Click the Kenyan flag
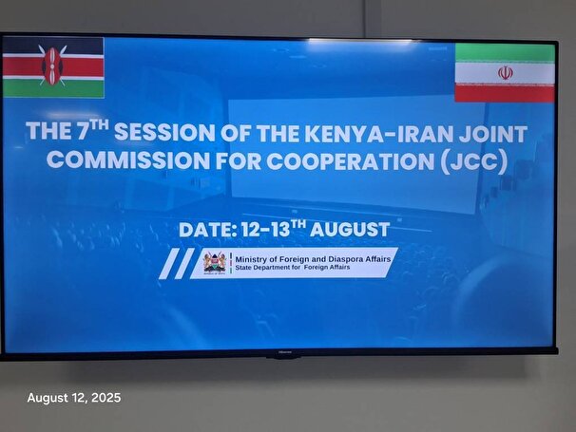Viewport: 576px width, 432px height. coord(53,67)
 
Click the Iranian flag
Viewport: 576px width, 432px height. coord(505,73)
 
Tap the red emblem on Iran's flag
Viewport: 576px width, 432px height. coord(506,73)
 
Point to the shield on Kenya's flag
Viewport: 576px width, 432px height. coord(52,66)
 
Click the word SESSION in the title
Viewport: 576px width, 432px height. coord(164,132)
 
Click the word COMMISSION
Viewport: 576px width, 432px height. coord(128,160)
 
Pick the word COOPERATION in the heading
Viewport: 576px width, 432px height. coord(350,161)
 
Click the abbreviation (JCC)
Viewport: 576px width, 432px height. coord(474,161)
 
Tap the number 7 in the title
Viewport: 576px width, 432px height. coord(83,131)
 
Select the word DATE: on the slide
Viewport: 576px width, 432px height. coord(207,230)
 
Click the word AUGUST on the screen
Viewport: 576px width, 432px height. coord(350,230)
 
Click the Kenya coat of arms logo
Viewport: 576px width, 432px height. coord(214,263)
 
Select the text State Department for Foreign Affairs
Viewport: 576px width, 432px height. coord(293,268)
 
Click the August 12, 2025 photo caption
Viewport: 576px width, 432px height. coord(74,398)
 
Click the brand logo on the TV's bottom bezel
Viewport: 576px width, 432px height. coord(283,352)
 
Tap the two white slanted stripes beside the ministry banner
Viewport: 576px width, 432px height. coord(177,264)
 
